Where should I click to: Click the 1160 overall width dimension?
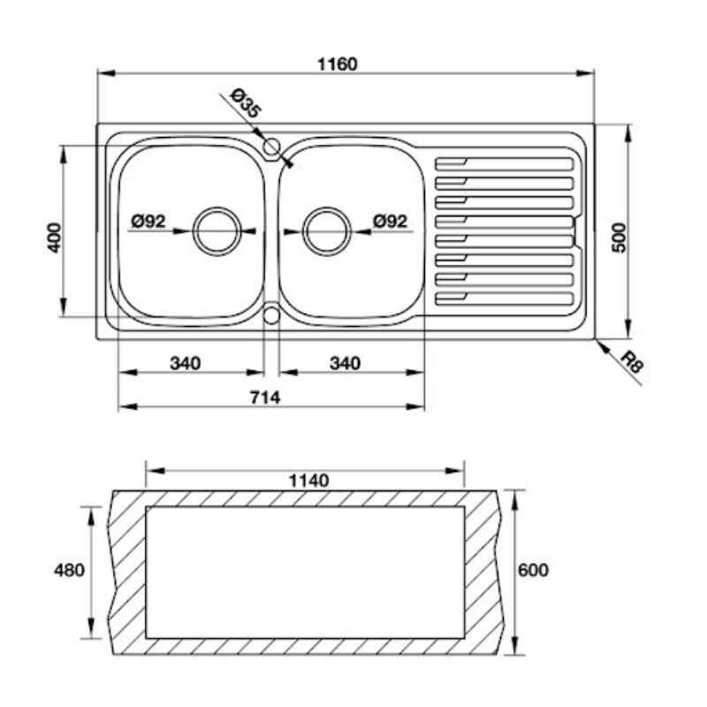tap(338, 65)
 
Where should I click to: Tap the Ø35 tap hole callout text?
tap(246, 103)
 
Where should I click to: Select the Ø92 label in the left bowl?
tap(148, 221)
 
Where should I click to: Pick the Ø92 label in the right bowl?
tap(390, 221)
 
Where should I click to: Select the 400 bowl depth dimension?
tap(55, 238)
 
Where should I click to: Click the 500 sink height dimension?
tap(620, 238)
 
